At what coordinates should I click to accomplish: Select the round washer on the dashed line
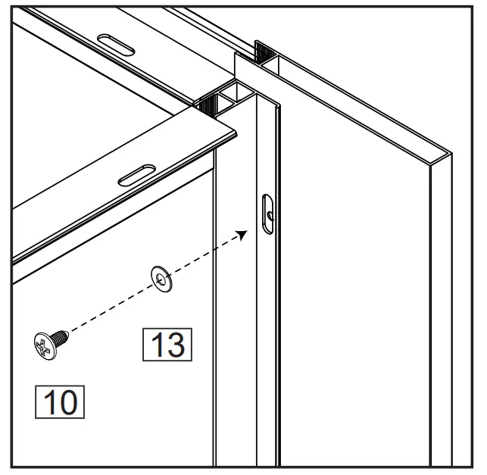161,277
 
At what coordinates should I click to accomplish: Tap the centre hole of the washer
161,277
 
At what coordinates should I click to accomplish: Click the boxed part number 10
60,402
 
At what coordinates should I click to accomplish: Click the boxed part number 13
167,345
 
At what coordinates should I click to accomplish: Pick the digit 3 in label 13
176,345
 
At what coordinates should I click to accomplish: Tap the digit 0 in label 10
68,402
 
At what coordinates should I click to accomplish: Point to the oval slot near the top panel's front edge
139,176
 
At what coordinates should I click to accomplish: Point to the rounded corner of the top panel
235,133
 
